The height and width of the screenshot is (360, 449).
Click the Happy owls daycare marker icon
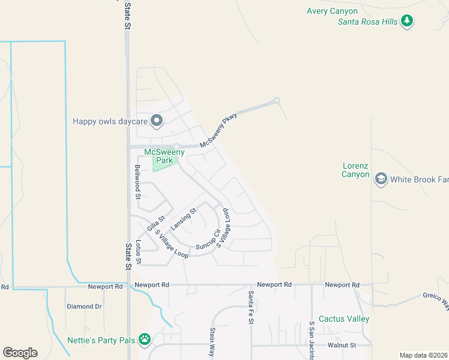(x=157, y=121)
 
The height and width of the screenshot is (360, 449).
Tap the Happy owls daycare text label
(x=110, y=121)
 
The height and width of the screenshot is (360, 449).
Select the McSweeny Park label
(x=164, y=156)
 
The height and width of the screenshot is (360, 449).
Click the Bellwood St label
(x=137, y=182)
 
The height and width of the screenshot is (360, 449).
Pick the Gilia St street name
(x=156, y=223)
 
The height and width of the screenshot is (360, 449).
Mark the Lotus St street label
(x=138, y=252)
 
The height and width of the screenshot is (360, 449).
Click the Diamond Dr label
(x=84, y=306)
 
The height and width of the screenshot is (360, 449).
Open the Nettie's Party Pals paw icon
(x=145, y=340)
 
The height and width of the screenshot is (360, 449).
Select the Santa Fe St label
(x=251, y=308)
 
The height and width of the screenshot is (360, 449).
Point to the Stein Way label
(x=212, y=342)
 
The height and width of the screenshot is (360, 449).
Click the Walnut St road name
(x=342, y=345)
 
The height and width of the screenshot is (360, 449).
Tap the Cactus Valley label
(x=344, y=319)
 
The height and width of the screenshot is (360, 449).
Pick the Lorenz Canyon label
(x=355, y=170)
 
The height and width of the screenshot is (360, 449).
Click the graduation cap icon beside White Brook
(x=380, y=179)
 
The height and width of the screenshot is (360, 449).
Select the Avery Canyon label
(x=332, y=11)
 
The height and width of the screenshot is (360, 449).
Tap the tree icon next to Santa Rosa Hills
(x=408, y=22)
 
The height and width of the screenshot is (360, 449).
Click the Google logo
(x=20, y=353)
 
